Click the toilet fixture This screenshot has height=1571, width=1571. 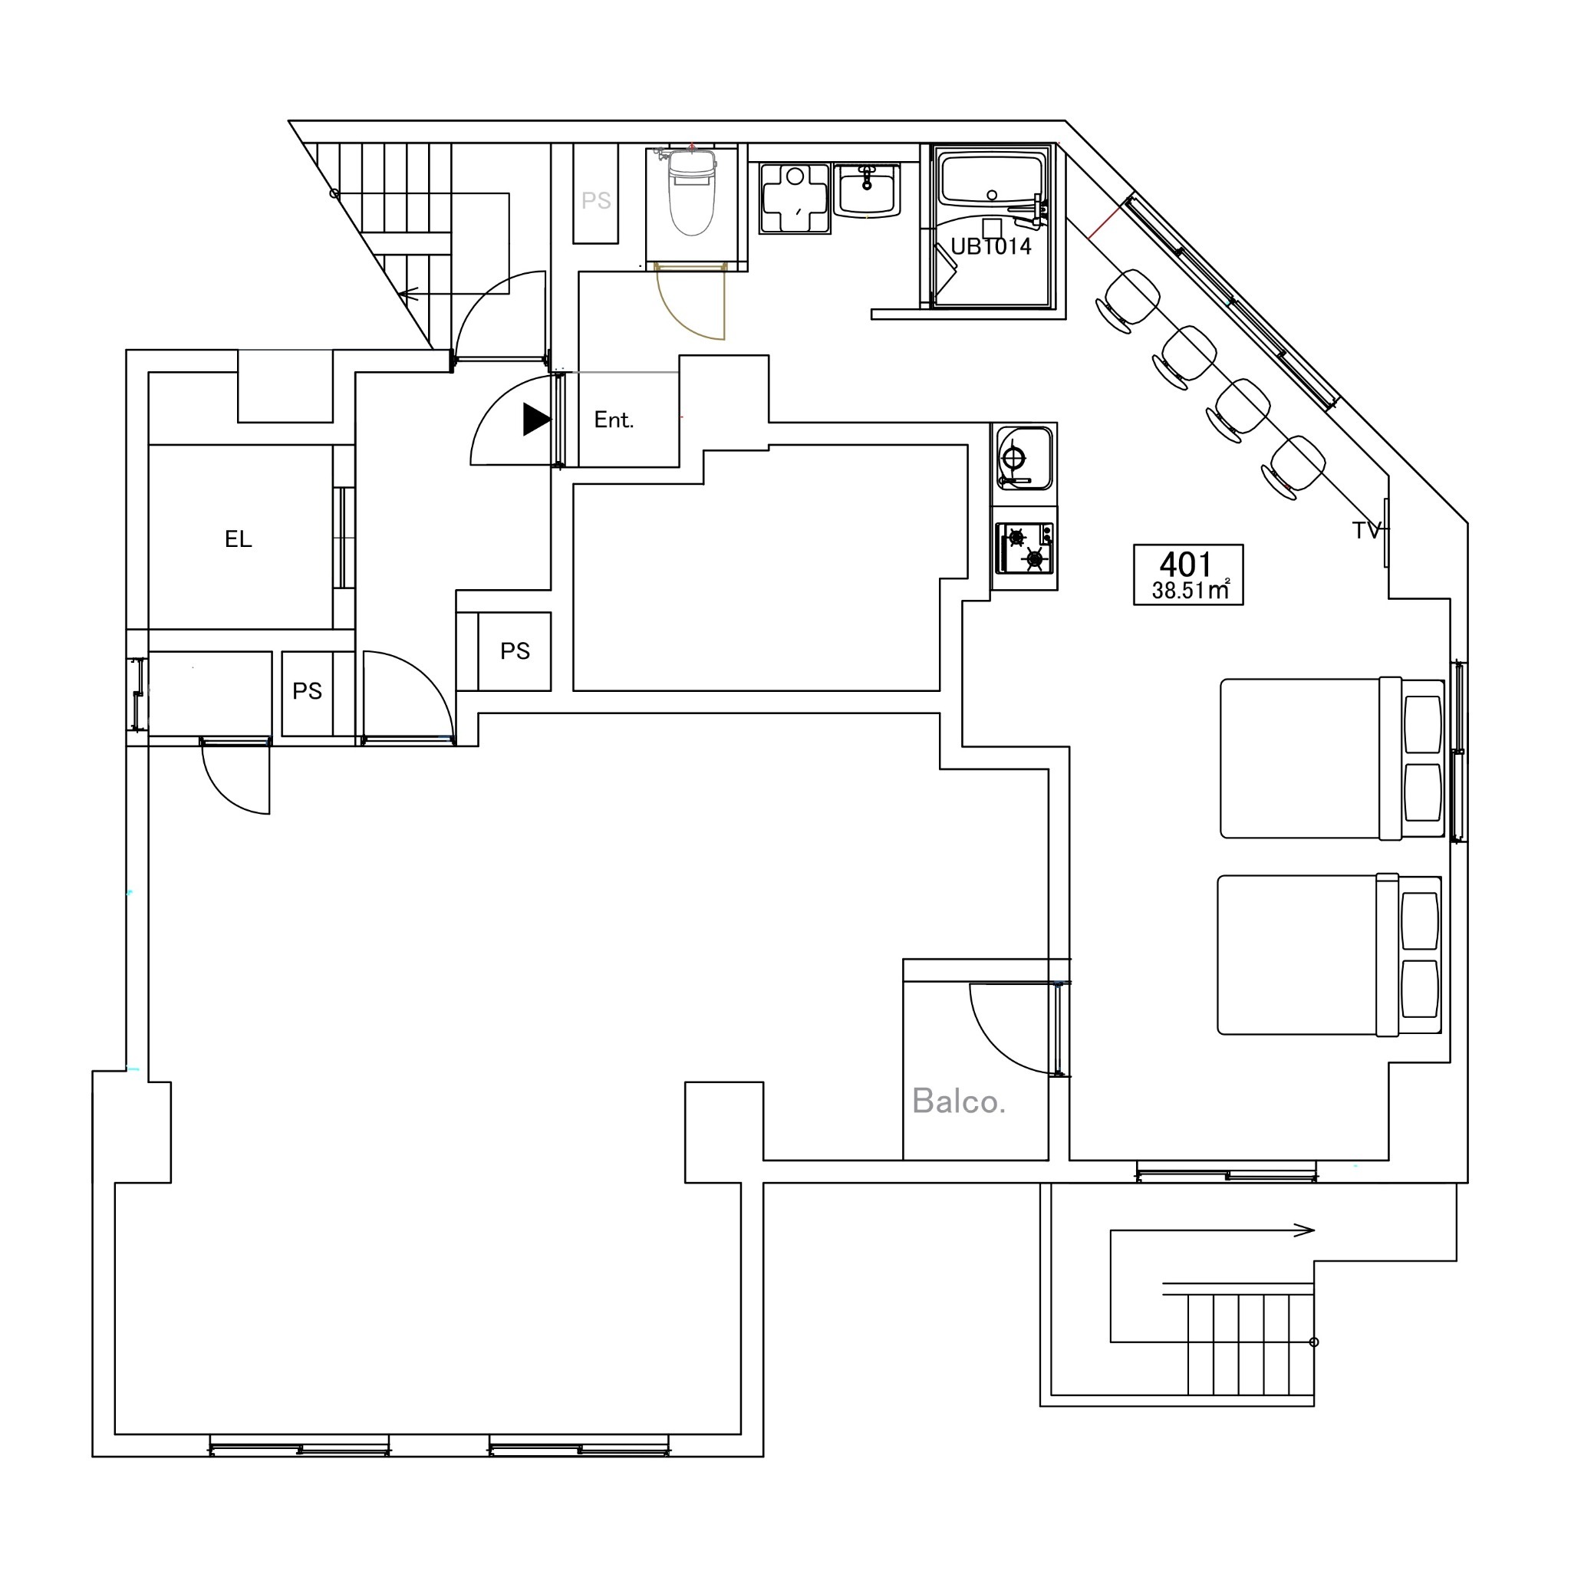point(692,193)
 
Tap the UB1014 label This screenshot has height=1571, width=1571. point(990,246)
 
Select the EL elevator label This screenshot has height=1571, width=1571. point(239,539)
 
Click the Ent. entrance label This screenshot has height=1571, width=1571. point(613,420)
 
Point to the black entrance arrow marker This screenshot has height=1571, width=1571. point(537,420)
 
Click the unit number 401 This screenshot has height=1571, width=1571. point(1186,564)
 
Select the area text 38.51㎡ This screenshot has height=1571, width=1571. point(1191,591)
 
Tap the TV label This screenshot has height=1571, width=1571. point(1366,530)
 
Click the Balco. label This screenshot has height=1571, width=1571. point(959,1102)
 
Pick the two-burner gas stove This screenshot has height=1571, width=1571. point(1026,548)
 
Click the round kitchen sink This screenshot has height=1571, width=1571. point(1025,458)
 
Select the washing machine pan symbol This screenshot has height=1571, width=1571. point(795,199)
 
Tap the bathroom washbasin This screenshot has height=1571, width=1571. point(867,190)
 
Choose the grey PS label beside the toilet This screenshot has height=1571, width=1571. point(596,201)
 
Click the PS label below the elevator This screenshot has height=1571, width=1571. point(308,691)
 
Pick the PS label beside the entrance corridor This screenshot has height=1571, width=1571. point(515,651)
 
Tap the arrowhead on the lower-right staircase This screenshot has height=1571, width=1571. point(1304,1230)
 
